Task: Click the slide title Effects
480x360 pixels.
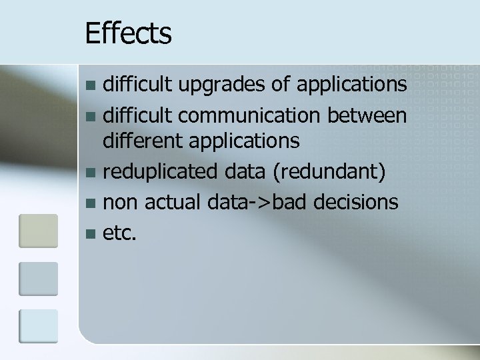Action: click(129, 33)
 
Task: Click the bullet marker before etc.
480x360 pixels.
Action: click(91, 231)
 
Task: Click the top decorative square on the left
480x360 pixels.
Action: click(38, 231)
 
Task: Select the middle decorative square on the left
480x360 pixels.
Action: click(38, 278)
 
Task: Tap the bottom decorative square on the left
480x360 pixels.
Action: click(38, 326)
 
